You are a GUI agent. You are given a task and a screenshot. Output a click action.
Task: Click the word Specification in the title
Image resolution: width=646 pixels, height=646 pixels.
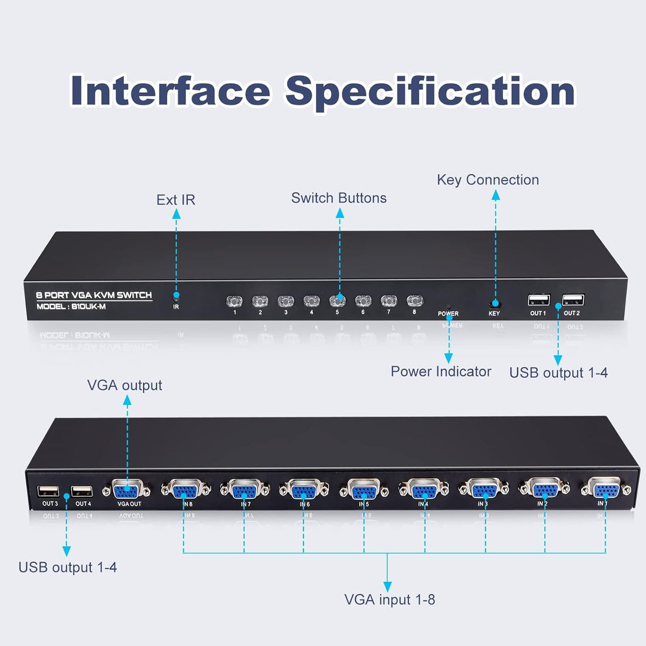click(x=430, y=92)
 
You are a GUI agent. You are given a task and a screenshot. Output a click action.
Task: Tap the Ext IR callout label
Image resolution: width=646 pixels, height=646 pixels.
click(x=176, y=200)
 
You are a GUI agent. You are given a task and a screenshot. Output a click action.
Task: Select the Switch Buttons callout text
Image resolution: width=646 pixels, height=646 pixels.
click(x=339, y=198)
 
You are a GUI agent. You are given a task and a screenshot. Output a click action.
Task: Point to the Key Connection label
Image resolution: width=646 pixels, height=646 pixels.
click(x=487, y=180)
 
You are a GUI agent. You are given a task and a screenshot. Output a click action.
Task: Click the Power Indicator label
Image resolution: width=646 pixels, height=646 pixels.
click(x=441, y=371)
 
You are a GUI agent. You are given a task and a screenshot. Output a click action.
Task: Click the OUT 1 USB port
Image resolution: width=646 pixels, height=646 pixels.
click(x=538, y=300)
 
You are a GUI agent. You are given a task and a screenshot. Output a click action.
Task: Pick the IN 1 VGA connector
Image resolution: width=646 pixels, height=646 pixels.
click(x=605, y=489)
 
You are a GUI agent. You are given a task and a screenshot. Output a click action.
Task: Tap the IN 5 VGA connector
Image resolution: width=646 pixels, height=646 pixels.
click(x=364, y=490)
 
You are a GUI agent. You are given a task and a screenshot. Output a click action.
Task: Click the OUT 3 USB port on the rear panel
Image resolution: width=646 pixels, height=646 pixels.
click(x=48, y=492)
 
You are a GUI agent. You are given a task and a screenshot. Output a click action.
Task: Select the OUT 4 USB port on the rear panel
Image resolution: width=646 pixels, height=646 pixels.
click(x=82, y=492)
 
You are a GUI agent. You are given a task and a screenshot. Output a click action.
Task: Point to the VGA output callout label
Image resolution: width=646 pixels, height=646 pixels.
click(x=125, y=385)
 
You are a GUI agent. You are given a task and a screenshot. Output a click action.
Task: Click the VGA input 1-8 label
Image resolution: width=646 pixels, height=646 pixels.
click(x=389, y=599)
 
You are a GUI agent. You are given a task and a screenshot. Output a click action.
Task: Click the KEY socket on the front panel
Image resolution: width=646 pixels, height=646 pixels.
click(x=495, y=304)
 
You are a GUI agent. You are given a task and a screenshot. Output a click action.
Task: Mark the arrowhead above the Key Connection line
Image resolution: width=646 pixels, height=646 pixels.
click(x=495, y=194)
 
